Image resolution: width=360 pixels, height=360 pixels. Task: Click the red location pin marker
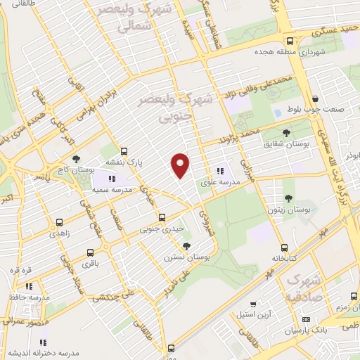click(181, 165)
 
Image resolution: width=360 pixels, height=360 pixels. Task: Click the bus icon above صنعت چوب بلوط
click(314, 99)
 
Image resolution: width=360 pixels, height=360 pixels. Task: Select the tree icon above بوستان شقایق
click(285, 132)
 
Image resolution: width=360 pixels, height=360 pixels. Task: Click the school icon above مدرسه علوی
click(220, 170)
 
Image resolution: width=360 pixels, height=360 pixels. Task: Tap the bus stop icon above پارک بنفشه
click(124, 150)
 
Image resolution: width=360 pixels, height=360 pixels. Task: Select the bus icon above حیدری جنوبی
click(162, 217)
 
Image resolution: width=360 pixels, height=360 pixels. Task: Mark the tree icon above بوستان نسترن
click(186, 246)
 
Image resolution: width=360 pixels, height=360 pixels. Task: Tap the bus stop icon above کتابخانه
click(284, 247)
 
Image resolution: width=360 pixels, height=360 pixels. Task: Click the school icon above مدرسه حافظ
click(29, 286)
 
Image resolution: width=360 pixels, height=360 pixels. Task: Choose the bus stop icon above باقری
click(89, 253)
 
